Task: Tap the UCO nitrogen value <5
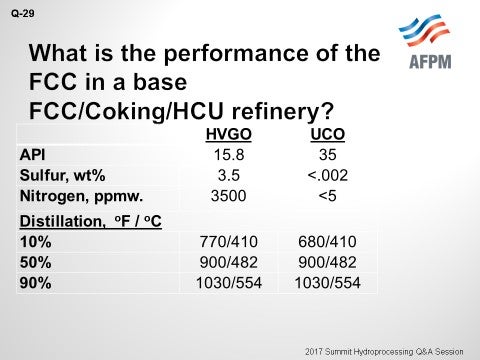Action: [315, 195]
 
